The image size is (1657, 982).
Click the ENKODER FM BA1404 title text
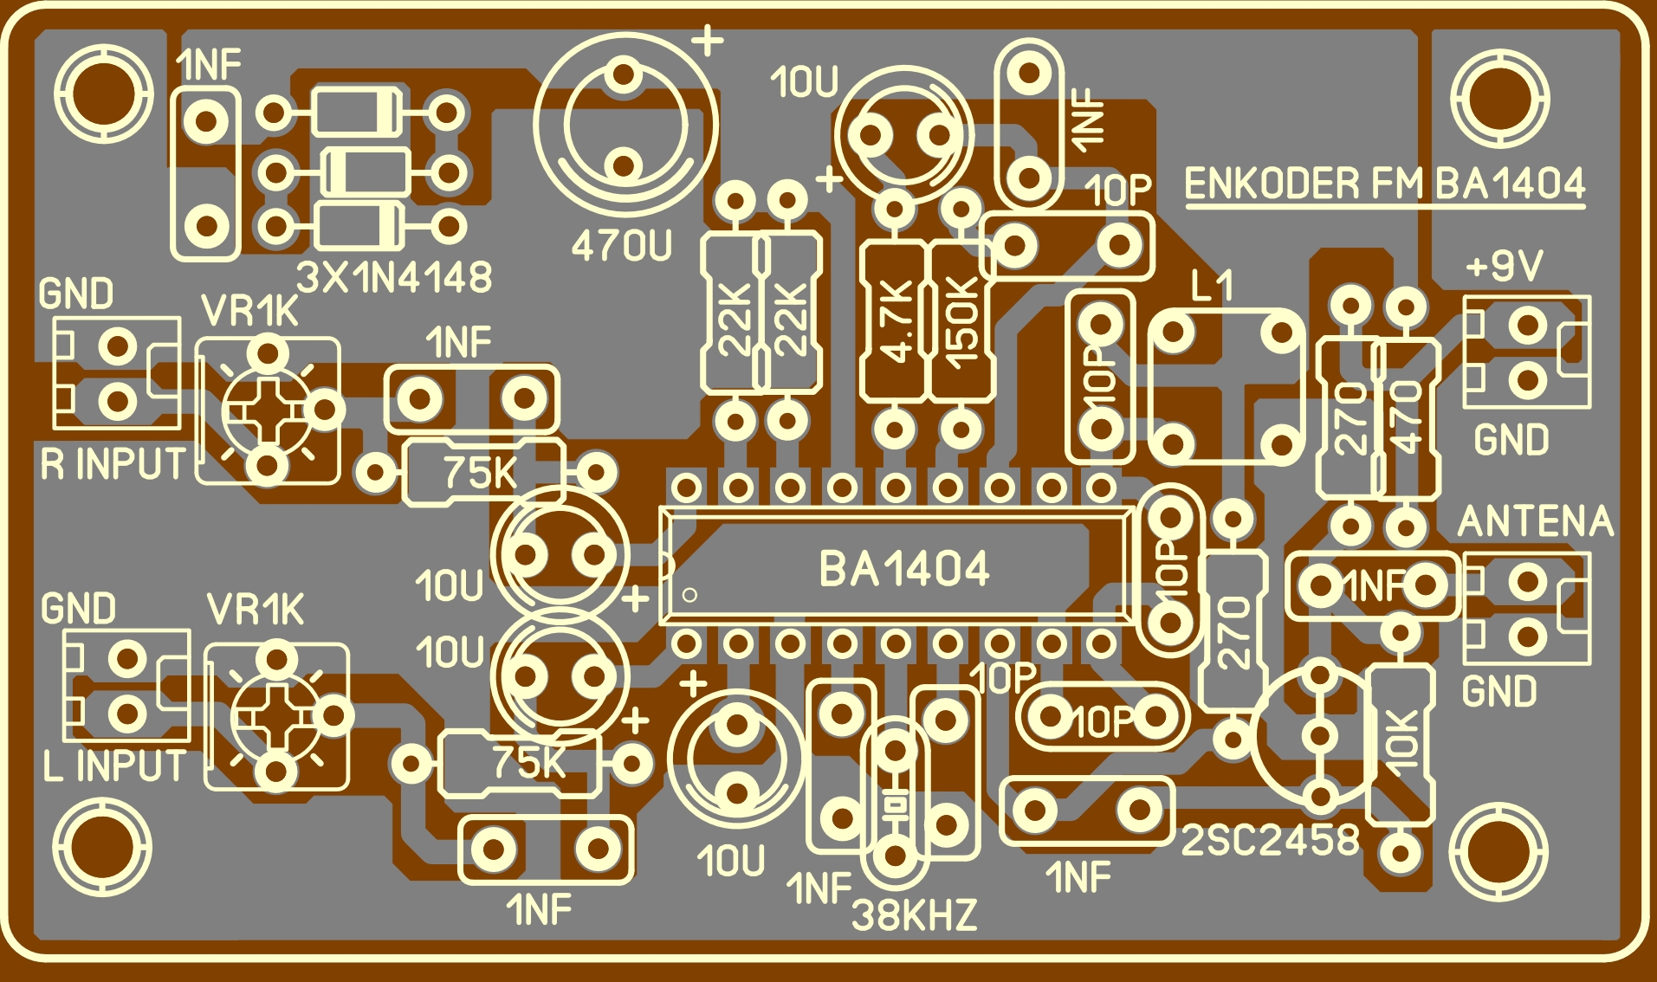[x=1384, y=184]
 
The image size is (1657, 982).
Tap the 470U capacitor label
[x=621, y=247]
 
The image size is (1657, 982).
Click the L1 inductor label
[x=1211, y=285]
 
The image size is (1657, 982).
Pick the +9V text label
[x=1505, y=266]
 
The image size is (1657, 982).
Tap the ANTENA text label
[x=1535, y=521]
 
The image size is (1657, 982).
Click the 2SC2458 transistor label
[x=1270, y=840]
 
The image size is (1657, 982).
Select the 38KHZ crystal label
[x=914, y=915]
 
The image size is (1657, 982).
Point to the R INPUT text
[x=113, y=464]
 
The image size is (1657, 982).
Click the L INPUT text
[x=113, y=766]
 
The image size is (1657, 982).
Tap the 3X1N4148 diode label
[x=394, y=278]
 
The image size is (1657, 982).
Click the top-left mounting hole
[x=102, y=94]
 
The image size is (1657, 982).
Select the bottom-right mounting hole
[x=1498, y=851]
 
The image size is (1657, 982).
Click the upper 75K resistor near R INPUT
[x=482, y=473]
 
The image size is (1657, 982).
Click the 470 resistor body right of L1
[x=1407, y=418]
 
